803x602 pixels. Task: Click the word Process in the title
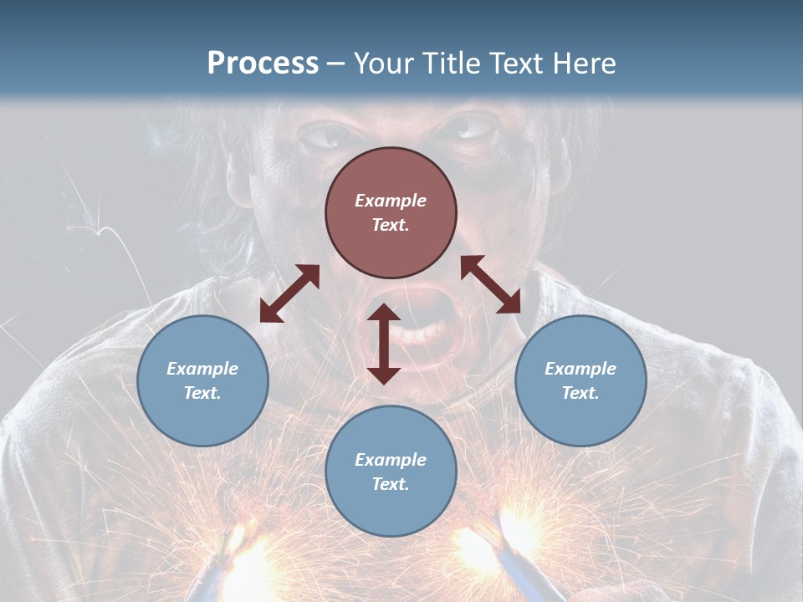263,64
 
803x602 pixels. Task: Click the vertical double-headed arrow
384,344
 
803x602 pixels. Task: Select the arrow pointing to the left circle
289,293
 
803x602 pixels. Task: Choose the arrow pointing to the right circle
490,284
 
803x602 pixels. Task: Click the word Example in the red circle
391,201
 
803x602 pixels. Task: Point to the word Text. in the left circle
202,393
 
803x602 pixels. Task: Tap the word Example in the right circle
581,369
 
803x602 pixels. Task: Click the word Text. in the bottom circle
391,484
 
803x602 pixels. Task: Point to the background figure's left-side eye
323,136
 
